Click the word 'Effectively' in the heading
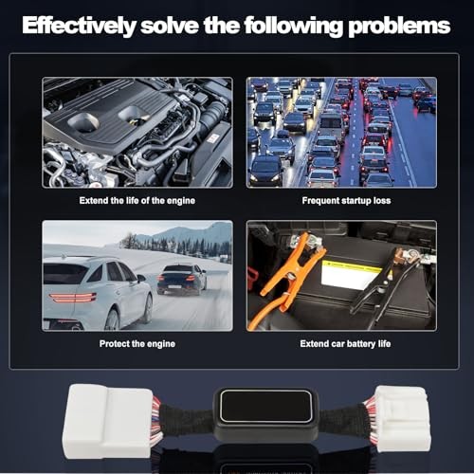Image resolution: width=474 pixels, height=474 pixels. [79, 26]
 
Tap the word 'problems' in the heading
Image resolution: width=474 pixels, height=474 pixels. [399, 26]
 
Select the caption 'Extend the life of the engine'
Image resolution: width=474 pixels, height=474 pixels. [137, 201]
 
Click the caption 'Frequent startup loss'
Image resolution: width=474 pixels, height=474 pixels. [346, 201]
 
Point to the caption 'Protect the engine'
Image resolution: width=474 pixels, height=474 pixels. [137, 344]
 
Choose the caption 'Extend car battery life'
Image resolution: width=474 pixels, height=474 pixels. [345, 344]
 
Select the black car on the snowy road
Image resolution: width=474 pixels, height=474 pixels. [182, 280]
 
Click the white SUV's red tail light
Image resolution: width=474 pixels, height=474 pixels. [73, 298]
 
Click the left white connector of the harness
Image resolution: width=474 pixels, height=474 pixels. [108, 421]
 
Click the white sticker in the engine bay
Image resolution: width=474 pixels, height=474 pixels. [213, 138]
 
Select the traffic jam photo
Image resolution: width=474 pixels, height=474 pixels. [341, 133]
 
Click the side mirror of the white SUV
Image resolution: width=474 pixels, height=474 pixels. [140, 279]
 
